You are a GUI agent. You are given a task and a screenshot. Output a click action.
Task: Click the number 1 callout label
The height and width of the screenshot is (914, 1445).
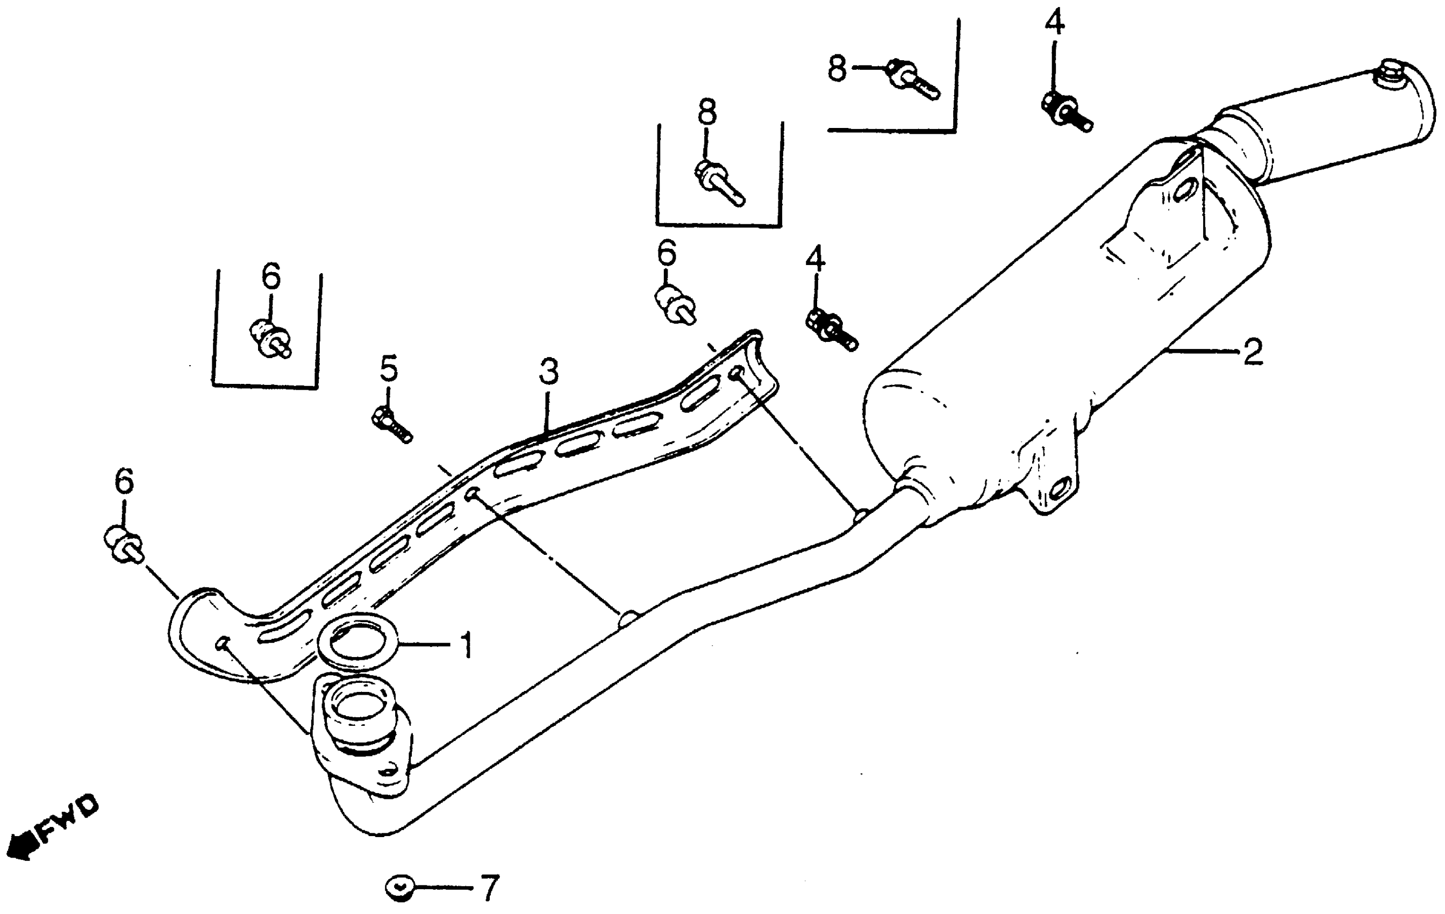pos(465,645)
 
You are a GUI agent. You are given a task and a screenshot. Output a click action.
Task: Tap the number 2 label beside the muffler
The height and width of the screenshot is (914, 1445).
pos(1253,352)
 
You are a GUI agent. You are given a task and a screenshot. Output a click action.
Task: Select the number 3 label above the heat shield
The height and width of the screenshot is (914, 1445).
pos(548,371)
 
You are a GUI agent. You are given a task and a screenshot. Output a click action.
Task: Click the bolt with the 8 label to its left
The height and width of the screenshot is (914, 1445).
pos(912,81)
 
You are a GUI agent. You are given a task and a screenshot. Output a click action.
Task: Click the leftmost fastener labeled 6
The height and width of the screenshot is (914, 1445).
pos(124,544)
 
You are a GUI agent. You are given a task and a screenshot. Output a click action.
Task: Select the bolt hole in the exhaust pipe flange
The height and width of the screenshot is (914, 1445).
pos(391,770)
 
